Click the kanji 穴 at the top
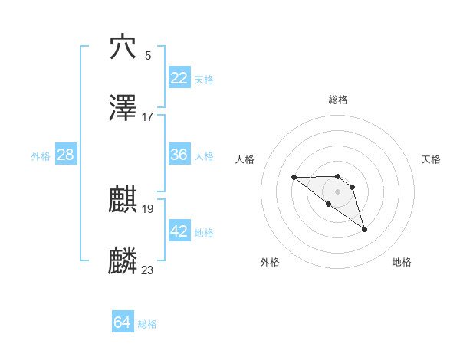123,47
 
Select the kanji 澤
123,109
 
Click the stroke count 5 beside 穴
148,55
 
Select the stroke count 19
148,208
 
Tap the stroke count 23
148,270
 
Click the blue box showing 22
179,78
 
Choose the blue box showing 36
179,155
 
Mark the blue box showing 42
179,231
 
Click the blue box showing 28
66,155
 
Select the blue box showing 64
123,323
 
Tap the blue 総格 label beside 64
147,324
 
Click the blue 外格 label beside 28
41,155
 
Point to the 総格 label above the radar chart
338,100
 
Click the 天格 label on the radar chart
432,159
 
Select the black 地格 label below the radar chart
402,262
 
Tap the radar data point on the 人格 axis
294,178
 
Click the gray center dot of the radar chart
338,191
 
